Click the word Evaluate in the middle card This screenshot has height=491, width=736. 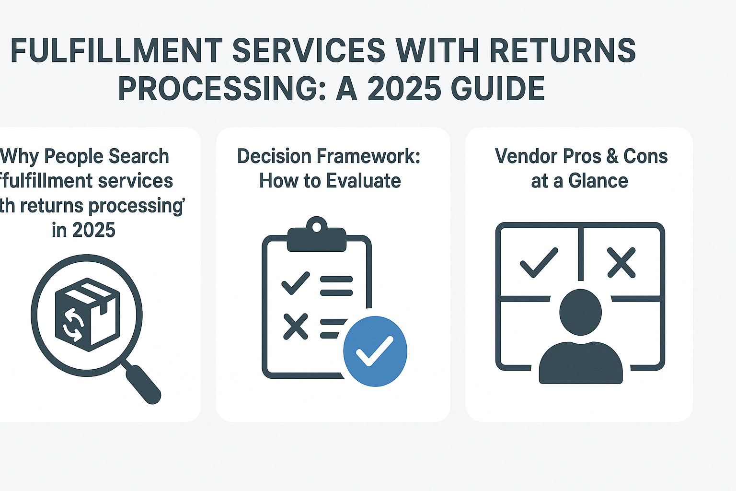click(364, 181)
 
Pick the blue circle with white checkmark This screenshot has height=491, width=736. click(375, 351)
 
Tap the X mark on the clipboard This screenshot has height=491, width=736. click(295, 327)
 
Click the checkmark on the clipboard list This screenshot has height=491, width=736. click(295, 283)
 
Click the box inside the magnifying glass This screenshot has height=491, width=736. click(87, 314)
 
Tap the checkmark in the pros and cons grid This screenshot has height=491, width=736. click(539, 262)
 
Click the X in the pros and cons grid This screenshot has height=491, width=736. click(621, 262)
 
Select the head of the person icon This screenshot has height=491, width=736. click(580, 312)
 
